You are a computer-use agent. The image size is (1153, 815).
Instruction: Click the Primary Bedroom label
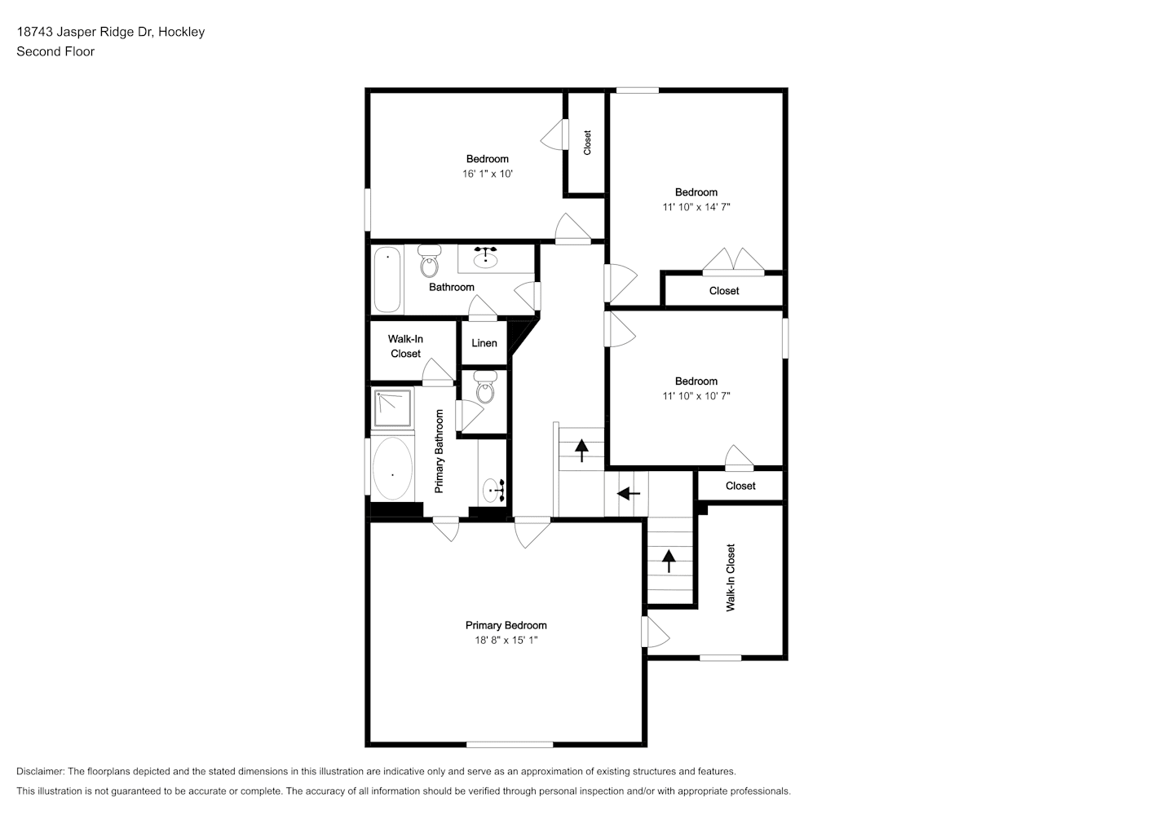tap(506, 625)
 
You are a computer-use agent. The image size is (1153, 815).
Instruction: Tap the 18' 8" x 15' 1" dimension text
tap(506, 640)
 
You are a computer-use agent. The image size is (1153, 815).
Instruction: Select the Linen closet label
tap(484, 343)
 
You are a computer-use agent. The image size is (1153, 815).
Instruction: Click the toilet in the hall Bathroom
tap(429, 261)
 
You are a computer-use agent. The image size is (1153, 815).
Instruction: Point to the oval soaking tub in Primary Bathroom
tap(393, 469)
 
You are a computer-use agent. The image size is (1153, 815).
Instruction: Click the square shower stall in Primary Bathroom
tap(393, 408)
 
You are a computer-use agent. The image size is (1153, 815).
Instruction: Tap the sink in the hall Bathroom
tap(485, 258)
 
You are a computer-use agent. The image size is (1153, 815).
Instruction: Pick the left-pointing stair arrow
tap(629, 494)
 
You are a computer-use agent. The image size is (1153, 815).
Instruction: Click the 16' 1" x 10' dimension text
tap(488, 174)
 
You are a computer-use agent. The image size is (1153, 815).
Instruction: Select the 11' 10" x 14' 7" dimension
tap(696, 207)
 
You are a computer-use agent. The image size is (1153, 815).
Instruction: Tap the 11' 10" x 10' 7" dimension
tap(696, 395)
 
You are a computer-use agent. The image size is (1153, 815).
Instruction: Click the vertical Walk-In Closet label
tap(731, 578)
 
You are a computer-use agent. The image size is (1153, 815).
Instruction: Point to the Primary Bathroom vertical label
tap(439, 452)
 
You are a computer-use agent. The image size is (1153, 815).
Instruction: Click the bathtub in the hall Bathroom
tap(387, 280)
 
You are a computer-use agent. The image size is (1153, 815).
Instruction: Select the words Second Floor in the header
tap(55, 51)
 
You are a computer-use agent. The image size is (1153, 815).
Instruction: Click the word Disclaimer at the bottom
tap(41, 771)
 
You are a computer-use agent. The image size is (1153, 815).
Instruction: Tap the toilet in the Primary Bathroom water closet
tap(485, 387)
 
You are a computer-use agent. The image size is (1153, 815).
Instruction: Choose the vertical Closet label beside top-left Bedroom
tap(587, 143)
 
